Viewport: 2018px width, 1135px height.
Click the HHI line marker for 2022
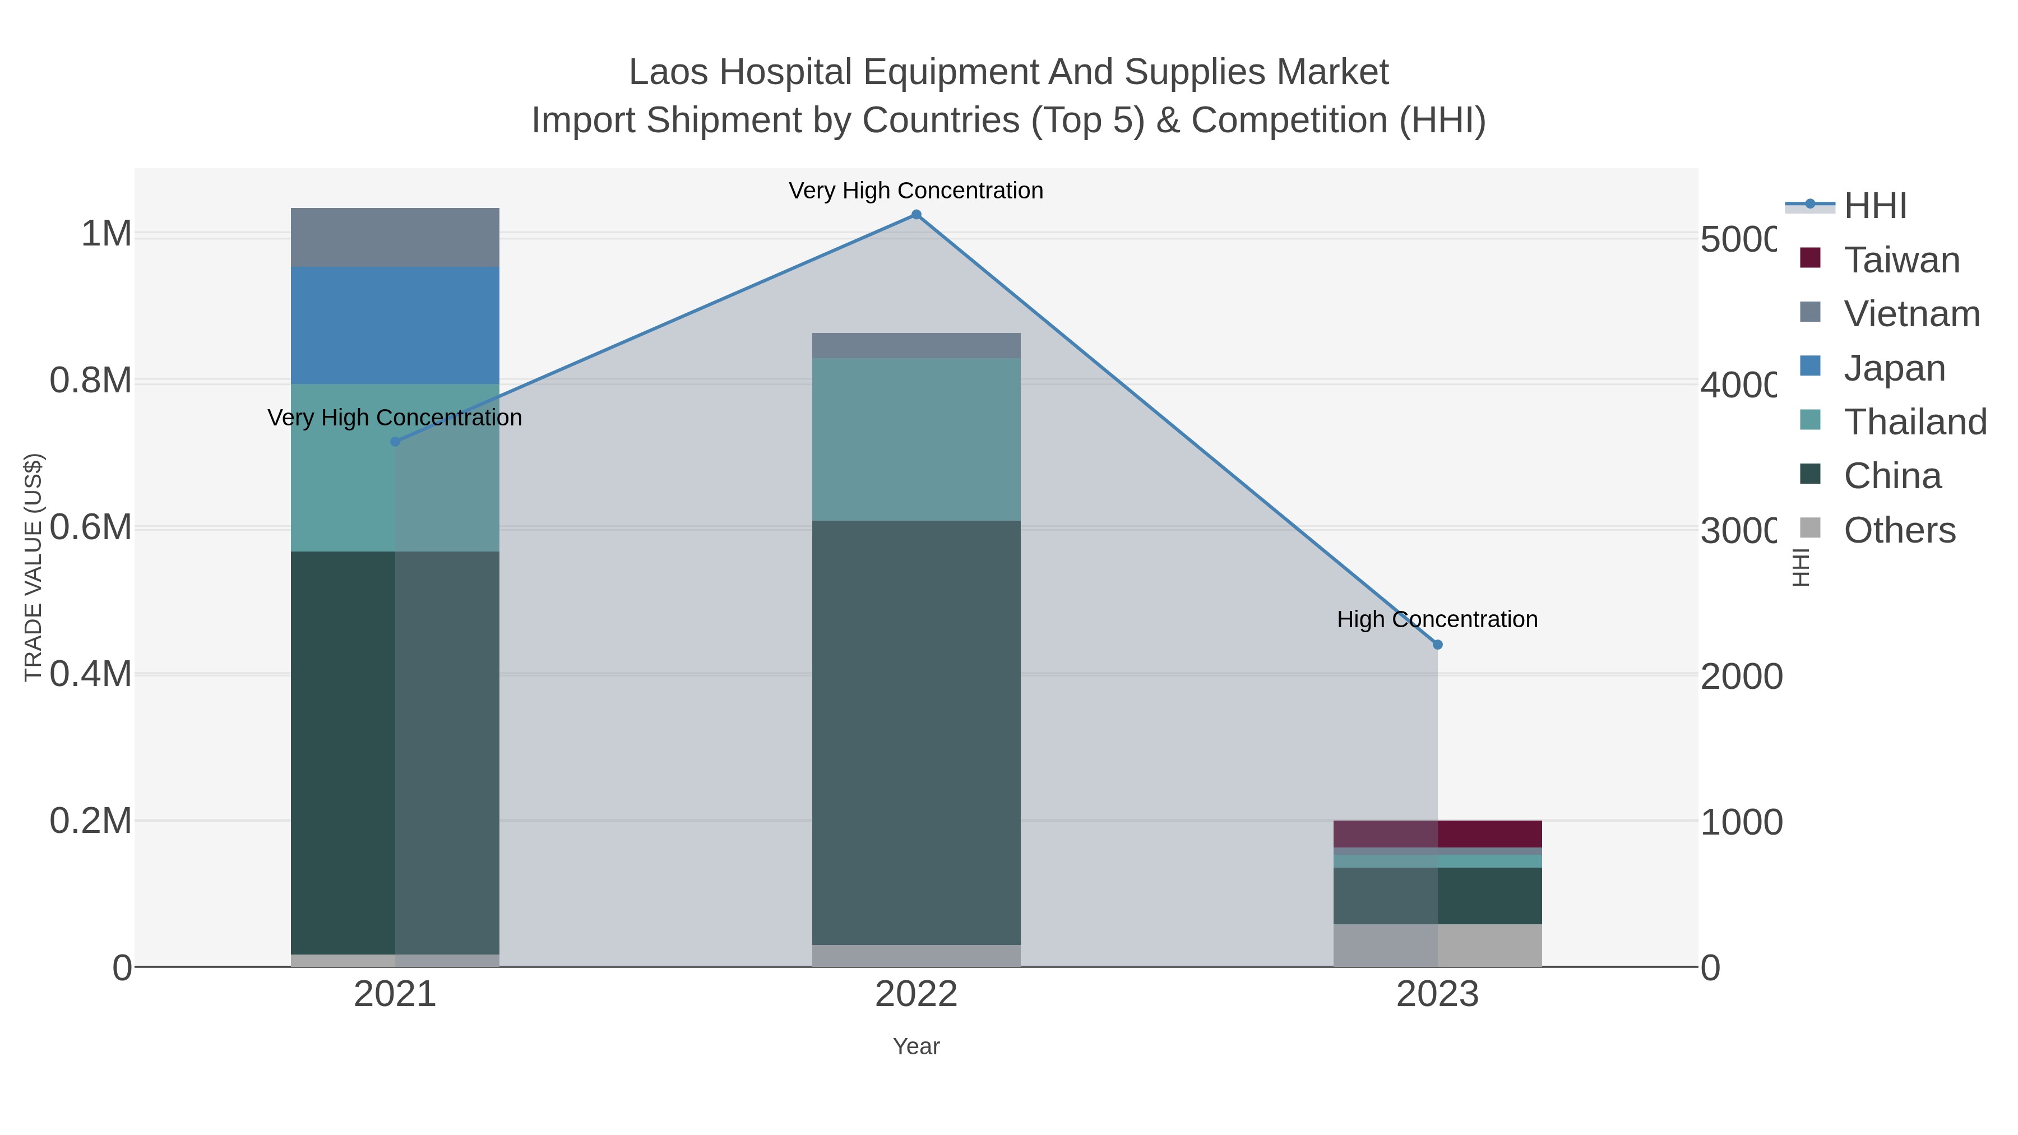916,215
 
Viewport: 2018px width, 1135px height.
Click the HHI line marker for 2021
395,442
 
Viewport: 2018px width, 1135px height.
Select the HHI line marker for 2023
1437,645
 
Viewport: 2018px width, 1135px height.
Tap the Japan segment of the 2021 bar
395,325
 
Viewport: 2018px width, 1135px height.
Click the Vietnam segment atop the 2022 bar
916,345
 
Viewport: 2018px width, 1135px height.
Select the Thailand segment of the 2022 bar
916,439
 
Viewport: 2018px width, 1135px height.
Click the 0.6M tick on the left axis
90,528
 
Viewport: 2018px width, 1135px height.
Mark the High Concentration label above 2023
1437,619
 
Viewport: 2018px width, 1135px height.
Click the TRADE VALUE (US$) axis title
33,567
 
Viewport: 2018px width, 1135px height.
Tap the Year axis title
916,1046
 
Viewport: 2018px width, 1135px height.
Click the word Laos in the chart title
670,72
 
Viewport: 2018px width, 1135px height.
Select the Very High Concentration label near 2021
395,418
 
